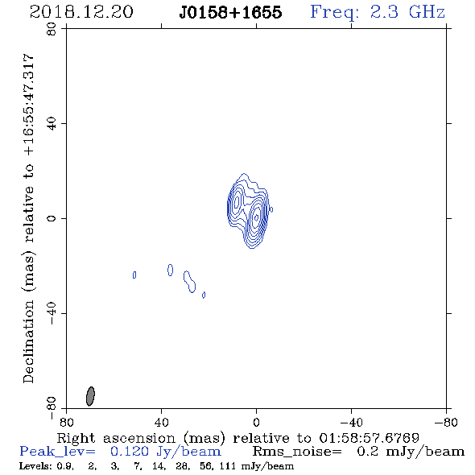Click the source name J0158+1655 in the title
[230, 12]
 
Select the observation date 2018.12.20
[81, 12]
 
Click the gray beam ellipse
[90, 396]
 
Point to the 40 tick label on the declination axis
[52, 124]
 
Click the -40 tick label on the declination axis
[52, 313]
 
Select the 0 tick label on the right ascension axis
[256, 422]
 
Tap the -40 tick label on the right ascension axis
[351, 422]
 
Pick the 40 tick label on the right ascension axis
[161, 422]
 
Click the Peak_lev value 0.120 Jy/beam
[166, 452]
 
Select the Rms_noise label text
[297, 452]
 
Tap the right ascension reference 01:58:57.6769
[369, 438]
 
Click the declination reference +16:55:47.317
[29, 105]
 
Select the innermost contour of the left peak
[237, 200]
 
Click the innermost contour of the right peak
[256, 217]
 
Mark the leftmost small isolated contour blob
[134, 275]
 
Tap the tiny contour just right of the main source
[271, 209]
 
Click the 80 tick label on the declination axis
[52, 29]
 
